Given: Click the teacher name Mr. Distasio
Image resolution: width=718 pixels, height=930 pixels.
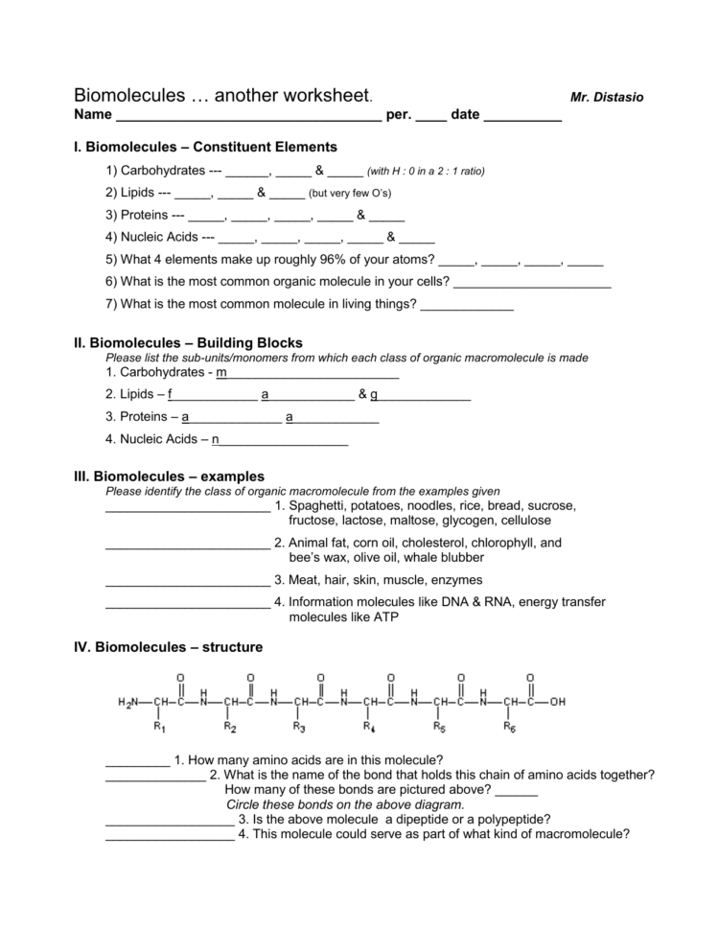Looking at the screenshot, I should pyautogui.click(x=607, y=98).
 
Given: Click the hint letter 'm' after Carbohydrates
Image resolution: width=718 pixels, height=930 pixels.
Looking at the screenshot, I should pyautogui.click(x=221, y=372).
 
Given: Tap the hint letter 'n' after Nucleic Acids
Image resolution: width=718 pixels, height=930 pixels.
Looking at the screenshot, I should pyautogui.click(x=216, y=440).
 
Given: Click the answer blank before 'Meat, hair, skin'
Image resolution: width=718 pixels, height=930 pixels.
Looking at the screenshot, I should pyautogui.click(x=187, y=581).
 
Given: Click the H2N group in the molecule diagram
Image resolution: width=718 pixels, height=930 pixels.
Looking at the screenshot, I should pyautogui.click(x=128, y=702).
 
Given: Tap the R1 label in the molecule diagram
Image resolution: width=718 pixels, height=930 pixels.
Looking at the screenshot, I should pyautogui.click(x=160, y=727).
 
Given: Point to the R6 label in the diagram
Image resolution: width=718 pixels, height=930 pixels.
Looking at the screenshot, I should pyautogui.click(x=511, y=727).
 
